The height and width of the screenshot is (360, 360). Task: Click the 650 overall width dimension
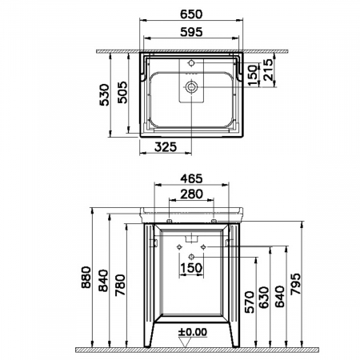tap(191, 14)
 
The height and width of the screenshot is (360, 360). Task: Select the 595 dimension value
tap(191, 32)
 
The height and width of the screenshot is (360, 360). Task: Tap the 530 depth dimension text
tap(104, 94)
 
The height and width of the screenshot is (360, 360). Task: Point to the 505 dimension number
tap(122, 92)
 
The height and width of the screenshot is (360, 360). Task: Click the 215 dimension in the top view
tap(268, 70)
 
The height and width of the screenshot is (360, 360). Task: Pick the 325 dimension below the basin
tap(166, 146)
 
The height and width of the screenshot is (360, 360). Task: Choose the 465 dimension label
tap(191, 178)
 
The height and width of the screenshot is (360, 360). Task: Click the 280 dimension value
tap(191, 194)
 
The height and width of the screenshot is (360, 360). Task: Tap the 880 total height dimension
tap(86, 277)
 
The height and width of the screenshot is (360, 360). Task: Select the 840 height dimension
tap(104, 281)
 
